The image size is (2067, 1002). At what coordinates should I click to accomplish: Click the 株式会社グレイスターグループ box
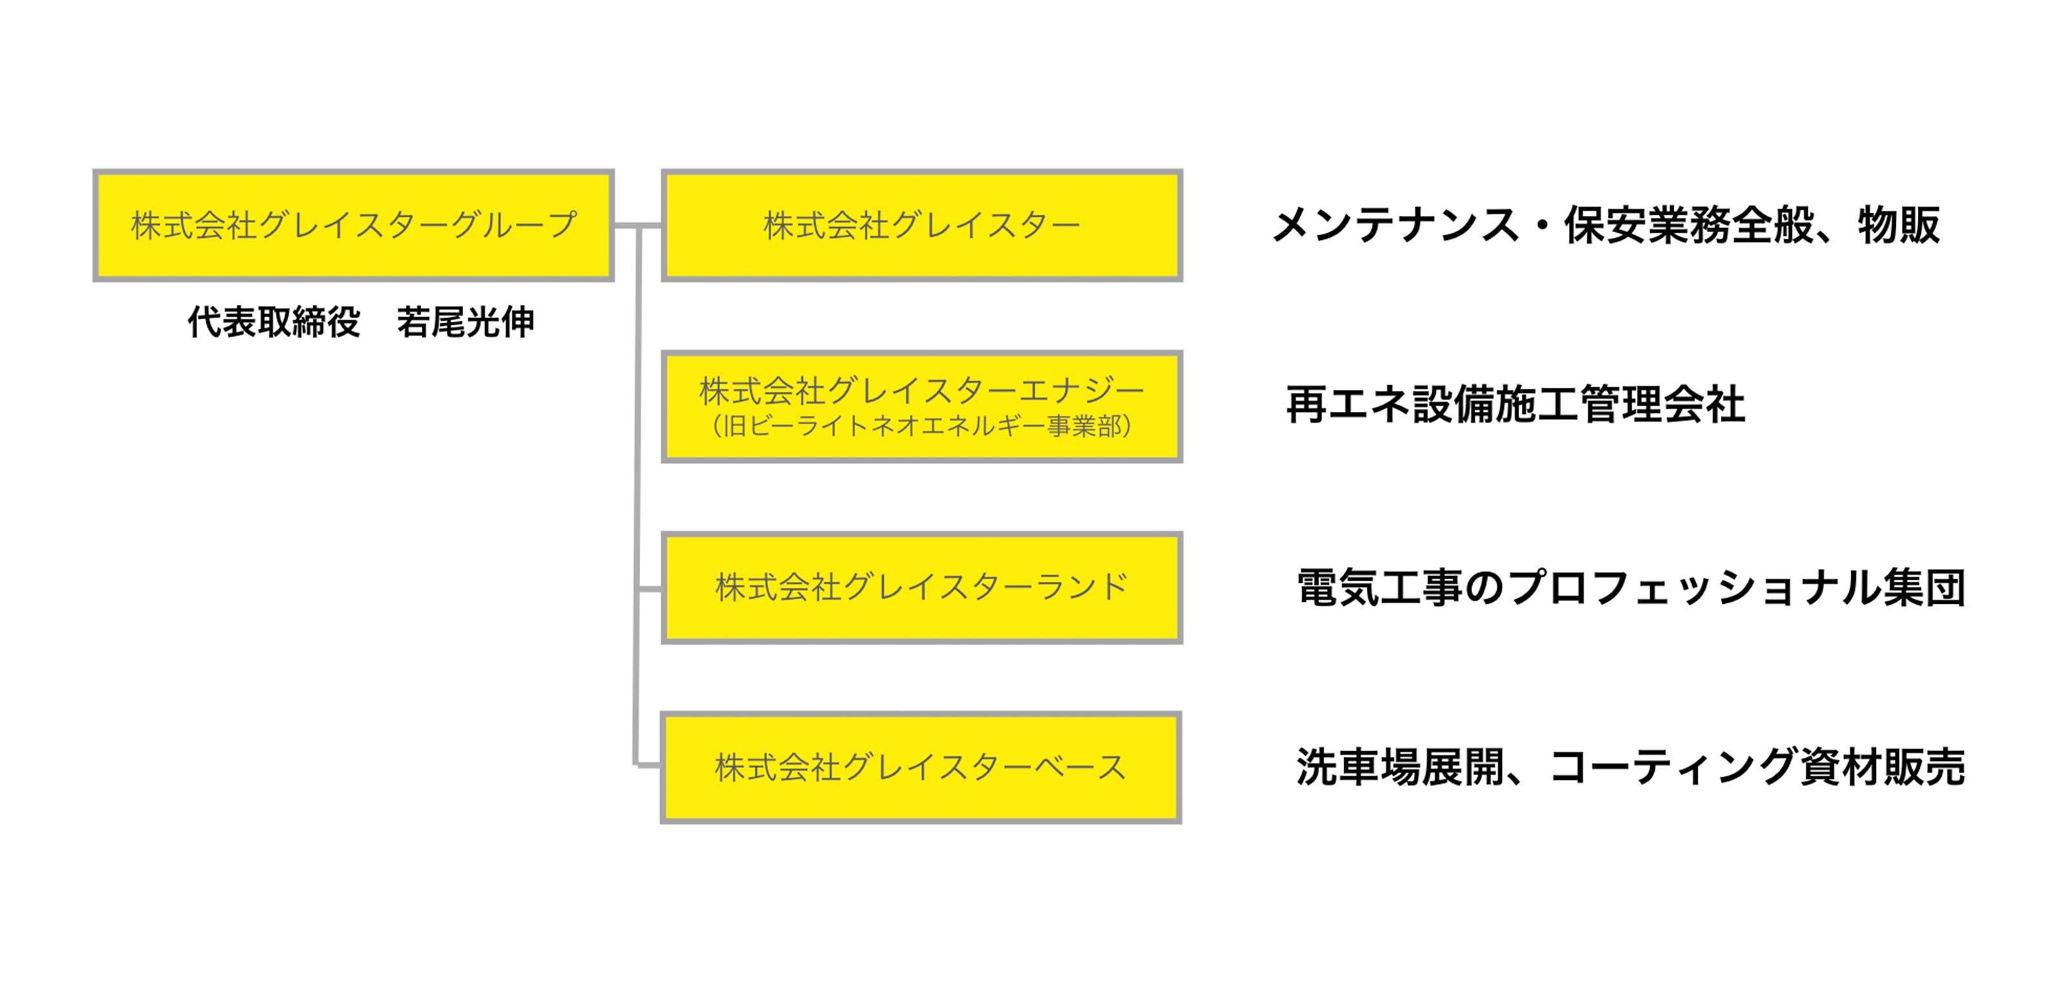[x=353, y=226]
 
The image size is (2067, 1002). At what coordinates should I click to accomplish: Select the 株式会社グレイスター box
[x=921, y=226]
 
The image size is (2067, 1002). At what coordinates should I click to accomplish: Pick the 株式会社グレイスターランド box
[x=921, y=588]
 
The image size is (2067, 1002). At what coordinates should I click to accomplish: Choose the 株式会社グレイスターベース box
[x=921, y=767]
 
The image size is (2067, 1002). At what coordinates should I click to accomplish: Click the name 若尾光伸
[x=465, y=323]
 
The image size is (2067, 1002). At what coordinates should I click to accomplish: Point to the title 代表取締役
[x=274, y=323]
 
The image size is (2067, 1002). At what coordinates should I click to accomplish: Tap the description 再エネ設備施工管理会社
[x=1515, y=405]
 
